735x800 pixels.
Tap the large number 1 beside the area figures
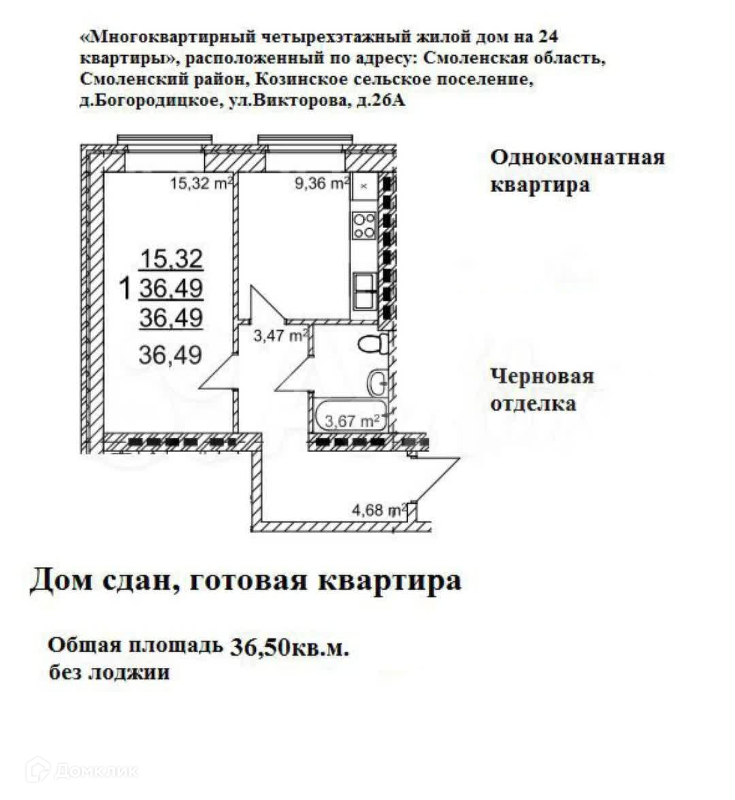coord(125,289)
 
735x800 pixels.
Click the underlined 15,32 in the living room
coord(171,259)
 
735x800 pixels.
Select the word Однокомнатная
coord(577,157)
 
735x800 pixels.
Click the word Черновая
coord(542,376)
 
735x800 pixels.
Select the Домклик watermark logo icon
coord(37,770)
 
